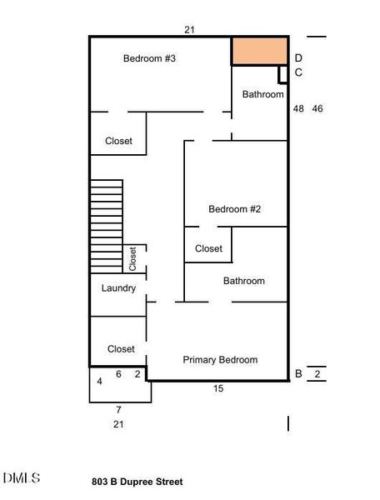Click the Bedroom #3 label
(149, 58)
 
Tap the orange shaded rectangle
(259, 50)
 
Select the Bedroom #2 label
(235, 209)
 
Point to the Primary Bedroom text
(220, 360)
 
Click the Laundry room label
(118, 288)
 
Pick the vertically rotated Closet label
(132, 258)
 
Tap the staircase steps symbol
(107, 221)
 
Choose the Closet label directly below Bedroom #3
(118, 142)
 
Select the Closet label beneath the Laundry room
(121, 349)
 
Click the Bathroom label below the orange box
(262, 95)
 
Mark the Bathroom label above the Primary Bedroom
(243, 282)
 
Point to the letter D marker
(298, 58)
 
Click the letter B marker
(298, 374)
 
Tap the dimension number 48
(298, 109)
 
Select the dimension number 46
(317, 109)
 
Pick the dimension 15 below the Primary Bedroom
(218, 388)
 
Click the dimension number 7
(118, 410)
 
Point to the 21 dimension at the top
(189, 30)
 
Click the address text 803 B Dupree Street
(137, 482)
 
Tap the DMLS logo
(21, 478)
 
